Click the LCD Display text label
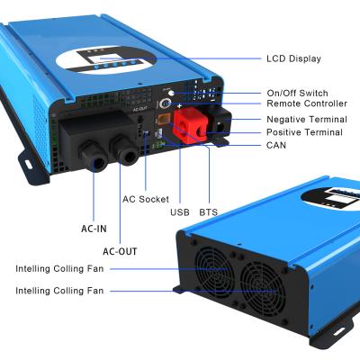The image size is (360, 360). [294, 59]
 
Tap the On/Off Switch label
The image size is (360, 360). [297, 94]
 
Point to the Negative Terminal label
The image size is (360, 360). [304, 120]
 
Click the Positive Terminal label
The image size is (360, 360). [304, 133]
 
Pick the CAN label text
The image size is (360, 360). [277, 146]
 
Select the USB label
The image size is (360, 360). [179, 212]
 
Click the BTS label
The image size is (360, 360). [208, 212]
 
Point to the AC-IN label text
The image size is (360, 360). [94, 229]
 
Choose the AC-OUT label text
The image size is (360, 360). [120, 251]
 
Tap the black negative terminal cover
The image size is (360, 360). [219, 124]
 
